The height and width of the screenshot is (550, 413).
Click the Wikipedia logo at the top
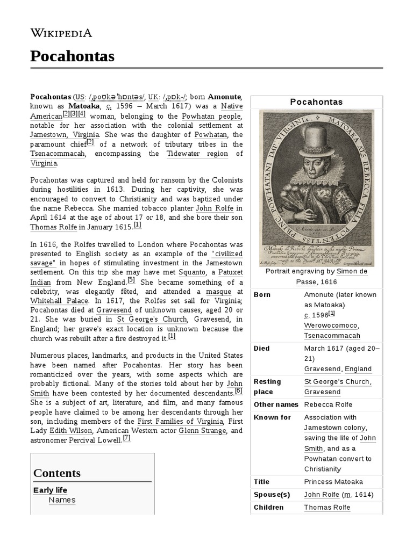(x=61, y=33)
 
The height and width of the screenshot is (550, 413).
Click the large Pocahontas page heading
(x=73, y=56)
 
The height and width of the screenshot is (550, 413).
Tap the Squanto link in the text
(x=191, y=272)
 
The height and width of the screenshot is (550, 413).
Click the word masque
(x=218, y=292)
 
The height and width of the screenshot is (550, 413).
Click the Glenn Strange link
(x=198, y=431)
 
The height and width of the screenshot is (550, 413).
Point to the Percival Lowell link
(x=95, y=440)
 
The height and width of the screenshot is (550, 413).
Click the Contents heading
(x=57, y=473)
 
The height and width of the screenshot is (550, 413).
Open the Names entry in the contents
(x=62, y=500)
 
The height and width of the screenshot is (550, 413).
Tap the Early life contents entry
(x=51, y=490)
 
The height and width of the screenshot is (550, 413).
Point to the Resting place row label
(x=268, y=387)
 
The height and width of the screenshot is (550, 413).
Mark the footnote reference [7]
(x=126, y=438)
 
